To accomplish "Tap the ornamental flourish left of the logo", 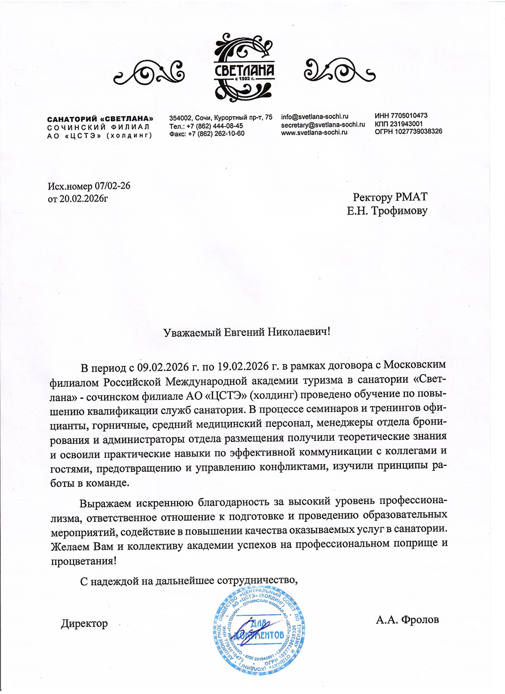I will pos(149,73).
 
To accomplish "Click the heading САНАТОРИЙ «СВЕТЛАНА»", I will pos(100,119).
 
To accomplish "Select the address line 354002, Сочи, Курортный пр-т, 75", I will pos(220,118).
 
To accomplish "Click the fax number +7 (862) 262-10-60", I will pos(216,134).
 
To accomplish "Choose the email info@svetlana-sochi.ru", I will pos(315,117).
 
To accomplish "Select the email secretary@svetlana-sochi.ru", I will pos(323,125).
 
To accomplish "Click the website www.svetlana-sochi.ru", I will pos(314,132).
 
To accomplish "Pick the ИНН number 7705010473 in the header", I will pos(401,116).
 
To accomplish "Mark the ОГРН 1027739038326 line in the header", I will pos(408,131).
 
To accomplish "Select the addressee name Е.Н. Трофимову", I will pos(387,211).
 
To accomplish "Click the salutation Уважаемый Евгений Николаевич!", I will pos(247,332).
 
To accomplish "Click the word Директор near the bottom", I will pos(84,624).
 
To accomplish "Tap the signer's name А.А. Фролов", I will pos(407,620).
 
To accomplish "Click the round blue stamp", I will pos(258,632).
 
